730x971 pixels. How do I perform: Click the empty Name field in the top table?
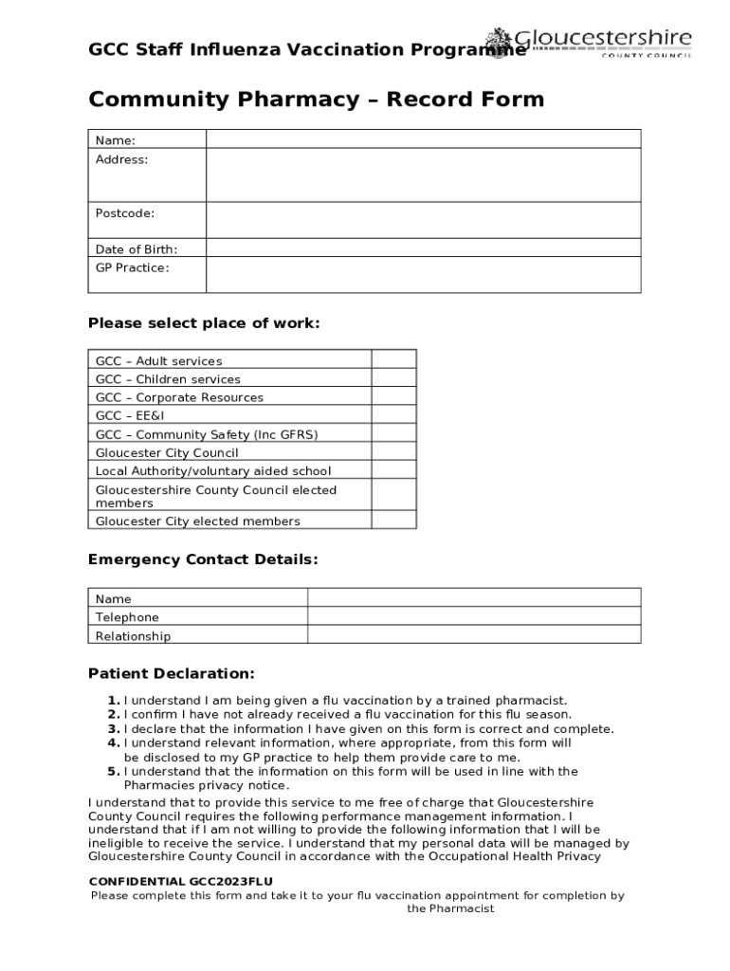click(423, 139)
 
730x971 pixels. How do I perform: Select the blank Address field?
click(423, 175)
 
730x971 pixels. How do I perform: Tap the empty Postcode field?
click(423, 220)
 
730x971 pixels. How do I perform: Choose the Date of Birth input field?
click(423, 248)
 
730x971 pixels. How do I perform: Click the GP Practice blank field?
click(423, 275)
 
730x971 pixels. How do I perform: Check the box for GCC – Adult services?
click(393, 359)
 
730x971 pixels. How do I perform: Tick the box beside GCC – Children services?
click(393, 378)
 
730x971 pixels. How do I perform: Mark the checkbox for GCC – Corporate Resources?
click(393, 396)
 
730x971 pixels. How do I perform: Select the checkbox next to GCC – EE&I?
click(393, 415)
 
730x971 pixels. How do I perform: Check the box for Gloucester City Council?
click(393, 452)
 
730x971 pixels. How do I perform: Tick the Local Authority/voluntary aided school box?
click(393, 470)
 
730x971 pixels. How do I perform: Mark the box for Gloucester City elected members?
click(393, 521)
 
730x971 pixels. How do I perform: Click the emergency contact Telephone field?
click(474, 616)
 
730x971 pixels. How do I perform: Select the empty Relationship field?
click(474, 635)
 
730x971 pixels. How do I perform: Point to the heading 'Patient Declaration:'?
click(172, 674)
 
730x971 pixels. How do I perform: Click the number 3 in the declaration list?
click(112, 729)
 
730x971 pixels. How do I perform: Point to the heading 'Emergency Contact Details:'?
click(203, 559)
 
